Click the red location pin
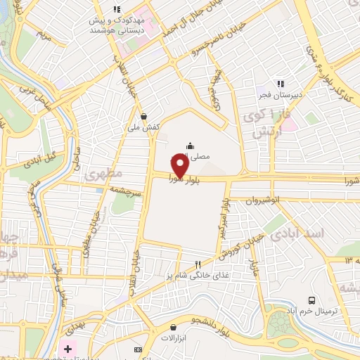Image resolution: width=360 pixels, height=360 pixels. coord(179,166)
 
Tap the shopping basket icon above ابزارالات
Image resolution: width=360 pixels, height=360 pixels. coord(174,327)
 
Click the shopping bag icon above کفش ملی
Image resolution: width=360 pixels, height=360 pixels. coord(144,117)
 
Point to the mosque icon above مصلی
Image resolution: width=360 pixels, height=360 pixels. coord(190,146)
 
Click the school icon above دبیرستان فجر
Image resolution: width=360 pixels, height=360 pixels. coord(281,83)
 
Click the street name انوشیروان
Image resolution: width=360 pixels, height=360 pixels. coord(264,200)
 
